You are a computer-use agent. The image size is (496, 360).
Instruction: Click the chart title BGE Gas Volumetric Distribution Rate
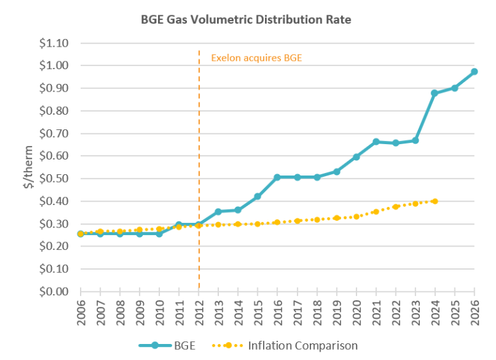246,19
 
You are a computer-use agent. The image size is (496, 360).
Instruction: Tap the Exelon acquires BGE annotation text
256,58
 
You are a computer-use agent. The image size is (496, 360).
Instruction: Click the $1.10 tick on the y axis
56,43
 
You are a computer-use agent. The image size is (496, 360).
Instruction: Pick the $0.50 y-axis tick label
56,178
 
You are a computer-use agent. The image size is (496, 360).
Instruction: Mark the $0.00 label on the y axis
56,291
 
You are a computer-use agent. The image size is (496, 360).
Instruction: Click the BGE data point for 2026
474,72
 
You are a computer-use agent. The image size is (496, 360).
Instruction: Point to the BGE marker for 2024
435,93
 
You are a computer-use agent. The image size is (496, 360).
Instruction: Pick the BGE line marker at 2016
277,177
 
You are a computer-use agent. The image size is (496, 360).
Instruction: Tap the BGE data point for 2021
376,142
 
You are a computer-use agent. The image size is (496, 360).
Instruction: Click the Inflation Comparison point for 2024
435,201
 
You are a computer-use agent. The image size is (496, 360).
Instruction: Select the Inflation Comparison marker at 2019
337,218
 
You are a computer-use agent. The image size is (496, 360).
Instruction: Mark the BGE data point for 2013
218,211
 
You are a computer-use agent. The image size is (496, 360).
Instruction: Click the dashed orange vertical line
199,160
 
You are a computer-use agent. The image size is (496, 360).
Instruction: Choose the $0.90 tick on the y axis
56,88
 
